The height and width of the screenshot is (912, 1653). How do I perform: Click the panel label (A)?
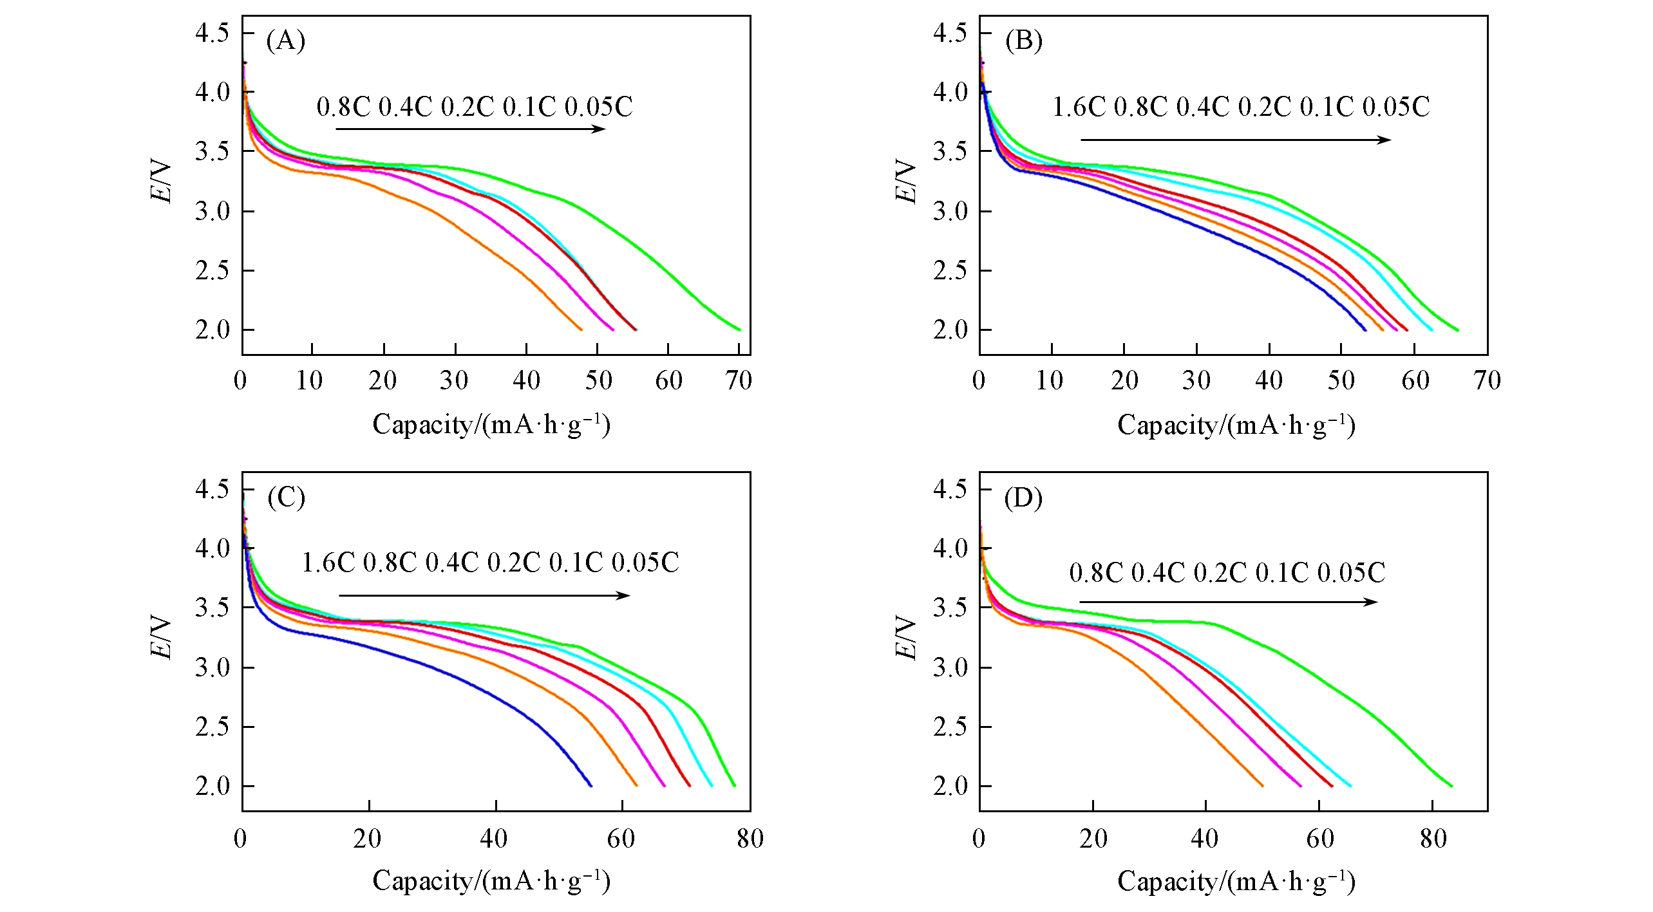point(285,41)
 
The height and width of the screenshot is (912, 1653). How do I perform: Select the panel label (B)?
point(1023,41)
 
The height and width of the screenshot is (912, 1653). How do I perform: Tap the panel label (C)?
point(286,498)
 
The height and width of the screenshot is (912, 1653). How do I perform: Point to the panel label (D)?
point(1023,498)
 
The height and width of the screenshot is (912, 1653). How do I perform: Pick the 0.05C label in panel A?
point(599,107)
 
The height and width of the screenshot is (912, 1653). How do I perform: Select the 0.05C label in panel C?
point(645,563)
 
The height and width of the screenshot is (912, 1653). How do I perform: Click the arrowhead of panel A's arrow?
point(600,129)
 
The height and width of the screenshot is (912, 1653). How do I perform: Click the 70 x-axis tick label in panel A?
point(739,381)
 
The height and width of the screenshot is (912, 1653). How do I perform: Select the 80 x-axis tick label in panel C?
point(750,839)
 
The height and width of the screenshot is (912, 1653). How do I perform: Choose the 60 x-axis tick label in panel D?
point(1319,839)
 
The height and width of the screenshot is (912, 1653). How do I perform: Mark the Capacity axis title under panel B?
point(1236,425)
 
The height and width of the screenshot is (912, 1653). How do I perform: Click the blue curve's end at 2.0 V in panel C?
point(590,785)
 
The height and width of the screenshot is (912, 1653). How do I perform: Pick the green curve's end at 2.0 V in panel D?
point(1451,785)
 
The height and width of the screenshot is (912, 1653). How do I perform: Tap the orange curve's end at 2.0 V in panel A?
point(581,330)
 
